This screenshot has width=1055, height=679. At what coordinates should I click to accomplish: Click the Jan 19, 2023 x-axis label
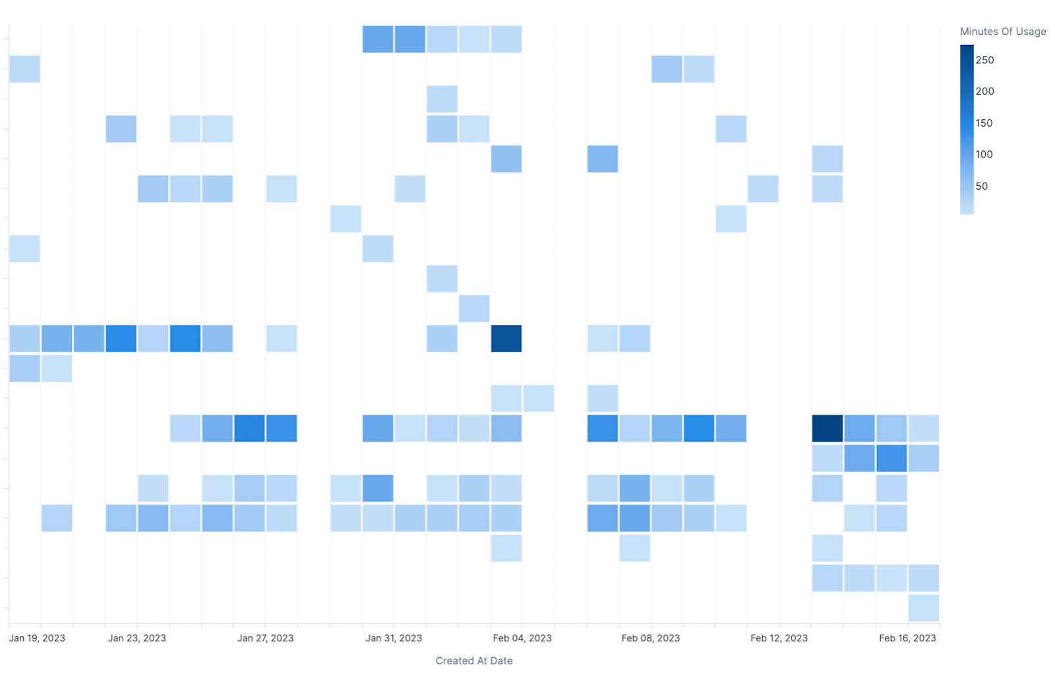(x=37, y=638)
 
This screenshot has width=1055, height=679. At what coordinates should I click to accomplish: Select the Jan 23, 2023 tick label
(x=137, y=638)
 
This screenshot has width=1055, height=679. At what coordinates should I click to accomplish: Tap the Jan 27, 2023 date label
(x=265, y=638)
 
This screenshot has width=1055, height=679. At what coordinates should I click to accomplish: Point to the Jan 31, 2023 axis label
(x=394, y=638)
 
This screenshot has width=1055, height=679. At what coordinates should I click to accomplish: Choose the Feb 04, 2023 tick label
(x=522, y=638)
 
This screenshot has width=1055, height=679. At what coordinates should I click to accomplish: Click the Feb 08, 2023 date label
(x=650, y=638)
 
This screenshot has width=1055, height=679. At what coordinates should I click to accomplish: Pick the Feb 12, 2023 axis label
(x=779, y=638)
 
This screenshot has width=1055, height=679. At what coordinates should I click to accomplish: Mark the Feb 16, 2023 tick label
(x=907, y=638)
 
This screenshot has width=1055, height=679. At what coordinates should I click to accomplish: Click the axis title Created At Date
(x=473, y=661)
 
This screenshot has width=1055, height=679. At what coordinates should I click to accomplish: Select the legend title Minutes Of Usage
(x=1003, y=32)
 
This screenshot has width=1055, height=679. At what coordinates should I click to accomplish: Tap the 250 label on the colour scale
(x=984, y=60)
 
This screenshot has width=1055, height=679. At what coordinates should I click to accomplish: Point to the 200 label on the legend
(x=984, y=92)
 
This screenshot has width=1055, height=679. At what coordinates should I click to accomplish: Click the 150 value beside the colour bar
(x=984, y=123)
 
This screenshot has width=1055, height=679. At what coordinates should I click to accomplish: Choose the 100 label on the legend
(x=984, y=154)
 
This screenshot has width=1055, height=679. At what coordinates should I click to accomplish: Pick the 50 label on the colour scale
(x=981, y=186)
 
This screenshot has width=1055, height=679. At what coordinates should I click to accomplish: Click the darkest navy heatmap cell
(x=827, y=428)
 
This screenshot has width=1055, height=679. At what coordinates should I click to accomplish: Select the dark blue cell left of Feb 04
(x=506, y=338)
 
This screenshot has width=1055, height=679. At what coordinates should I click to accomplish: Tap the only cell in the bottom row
(x=923, y=608)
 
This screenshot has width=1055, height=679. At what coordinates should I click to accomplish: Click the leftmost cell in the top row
(x=378, y=39)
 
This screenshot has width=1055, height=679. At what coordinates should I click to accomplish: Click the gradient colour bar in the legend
(x=967, y=129)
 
